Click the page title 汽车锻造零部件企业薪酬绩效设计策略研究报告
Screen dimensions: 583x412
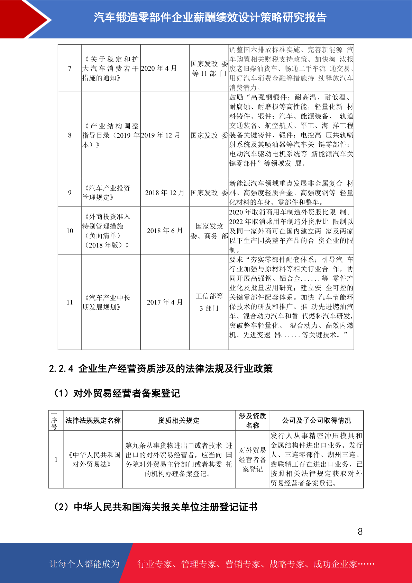210,17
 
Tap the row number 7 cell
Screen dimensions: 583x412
70,68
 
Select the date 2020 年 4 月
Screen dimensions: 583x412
159,68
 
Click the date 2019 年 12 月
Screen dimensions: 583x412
161,135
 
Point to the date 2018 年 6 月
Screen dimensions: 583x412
165,231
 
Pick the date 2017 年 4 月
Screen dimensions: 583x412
165,302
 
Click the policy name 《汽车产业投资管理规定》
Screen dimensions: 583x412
107,192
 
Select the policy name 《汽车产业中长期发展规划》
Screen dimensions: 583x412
107,302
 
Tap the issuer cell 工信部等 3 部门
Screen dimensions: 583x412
209,302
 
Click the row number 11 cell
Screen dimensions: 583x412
70,302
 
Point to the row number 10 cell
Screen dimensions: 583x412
70,231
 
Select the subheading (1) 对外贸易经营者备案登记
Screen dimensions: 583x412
117,393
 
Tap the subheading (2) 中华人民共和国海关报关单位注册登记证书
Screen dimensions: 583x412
155,507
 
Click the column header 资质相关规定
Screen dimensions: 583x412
179,420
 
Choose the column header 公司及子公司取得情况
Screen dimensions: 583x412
317,420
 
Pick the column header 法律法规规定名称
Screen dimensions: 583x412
93,420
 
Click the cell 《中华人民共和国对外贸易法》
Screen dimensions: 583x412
93,459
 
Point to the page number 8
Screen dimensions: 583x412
360,532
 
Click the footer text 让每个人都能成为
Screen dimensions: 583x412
84,564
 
